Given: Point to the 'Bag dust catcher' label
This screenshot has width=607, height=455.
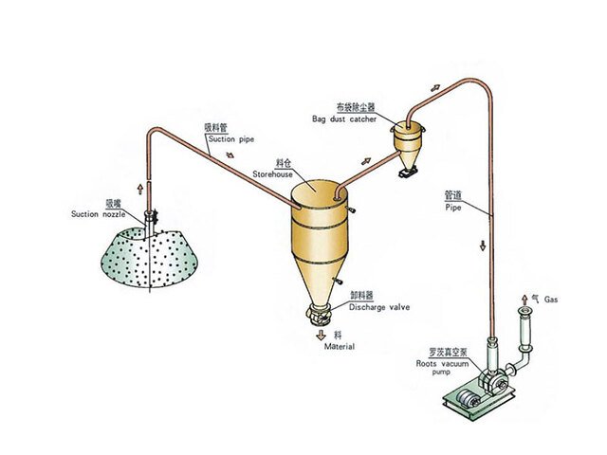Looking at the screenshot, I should [343, 119].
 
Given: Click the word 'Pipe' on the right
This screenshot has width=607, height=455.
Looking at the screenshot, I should [453, 204].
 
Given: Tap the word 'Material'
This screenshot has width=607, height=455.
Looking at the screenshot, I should [340, 347].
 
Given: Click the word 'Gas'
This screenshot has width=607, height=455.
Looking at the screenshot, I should [552, 300].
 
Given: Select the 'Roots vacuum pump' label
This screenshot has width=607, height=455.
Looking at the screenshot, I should [440, 363].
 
